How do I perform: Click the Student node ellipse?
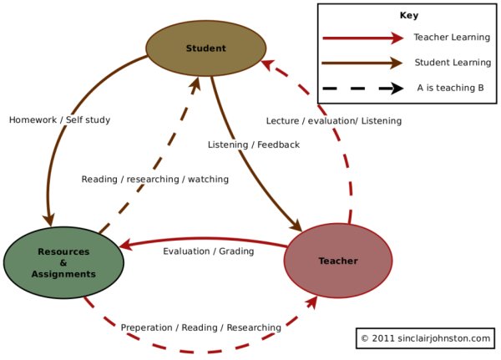point(205,48)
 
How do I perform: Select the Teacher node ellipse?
point(337,261)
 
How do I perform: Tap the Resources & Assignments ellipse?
point(63,262)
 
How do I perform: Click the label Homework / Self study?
point(59,120)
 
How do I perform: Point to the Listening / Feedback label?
point(253,145)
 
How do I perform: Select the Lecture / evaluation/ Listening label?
point(333,121)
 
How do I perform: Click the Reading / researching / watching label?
point(154,180)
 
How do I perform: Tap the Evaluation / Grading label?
point(208,251)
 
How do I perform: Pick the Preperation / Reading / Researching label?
point(200,327)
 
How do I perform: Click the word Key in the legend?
point(408,16)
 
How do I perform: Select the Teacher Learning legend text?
point(449,38)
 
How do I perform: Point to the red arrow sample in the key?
point(362,38)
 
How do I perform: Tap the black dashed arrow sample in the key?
point(362,88)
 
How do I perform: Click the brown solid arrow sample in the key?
point(362,63)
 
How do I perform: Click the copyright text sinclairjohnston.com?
point(424,338)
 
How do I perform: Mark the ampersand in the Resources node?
point(63,262)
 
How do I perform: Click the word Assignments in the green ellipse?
point(63,274)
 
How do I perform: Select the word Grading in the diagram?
point(235,251)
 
